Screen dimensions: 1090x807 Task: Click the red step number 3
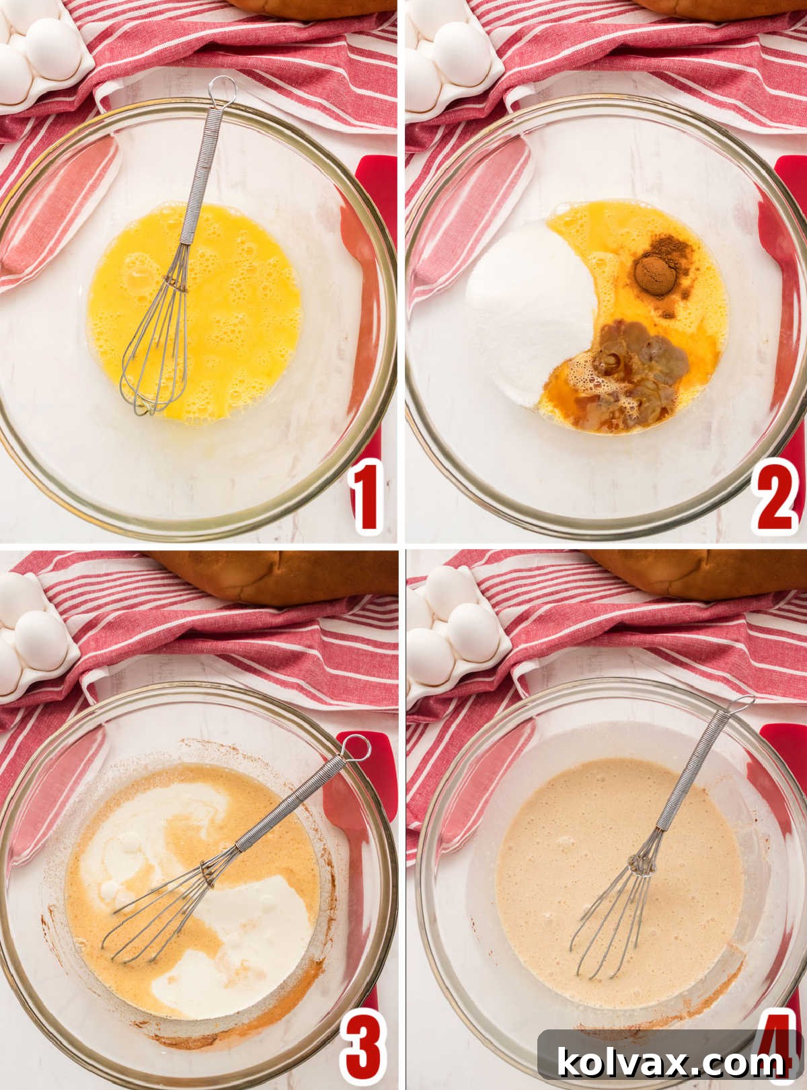coord(364,1046)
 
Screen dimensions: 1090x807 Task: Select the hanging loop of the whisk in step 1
coord(219,88)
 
